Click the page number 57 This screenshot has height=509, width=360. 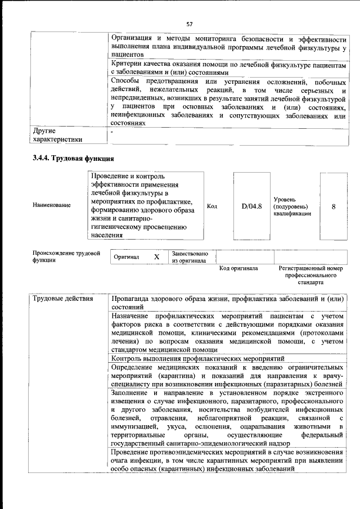pyautogui.click(x=190, y=24)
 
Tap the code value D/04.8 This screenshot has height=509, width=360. pyautogui.click(x=252, y=206)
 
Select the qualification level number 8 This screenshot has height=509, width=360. pyautogui.click(x=334, y=206)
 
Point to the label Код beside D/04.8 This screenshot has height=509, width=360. pyautogui.click(x=212, y=206)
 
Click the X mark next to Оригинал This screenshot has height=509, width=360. pyautogui.click(x=157, y=256)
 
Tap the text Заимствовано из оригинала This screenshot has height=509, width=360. pyautogui.click(x=190, y=257)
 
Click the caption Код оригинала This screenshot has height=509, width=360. pyautogui.click(x=238, y=269)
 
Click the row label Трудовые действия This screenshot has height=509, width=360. pyautogui.click(x=62, y=298)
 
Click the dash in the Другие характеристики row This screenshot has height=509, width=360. pyautogui.click(x=112, y=132)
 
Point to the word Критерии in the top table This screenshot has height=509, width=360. pyautogui.click(x=127, y=65)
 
